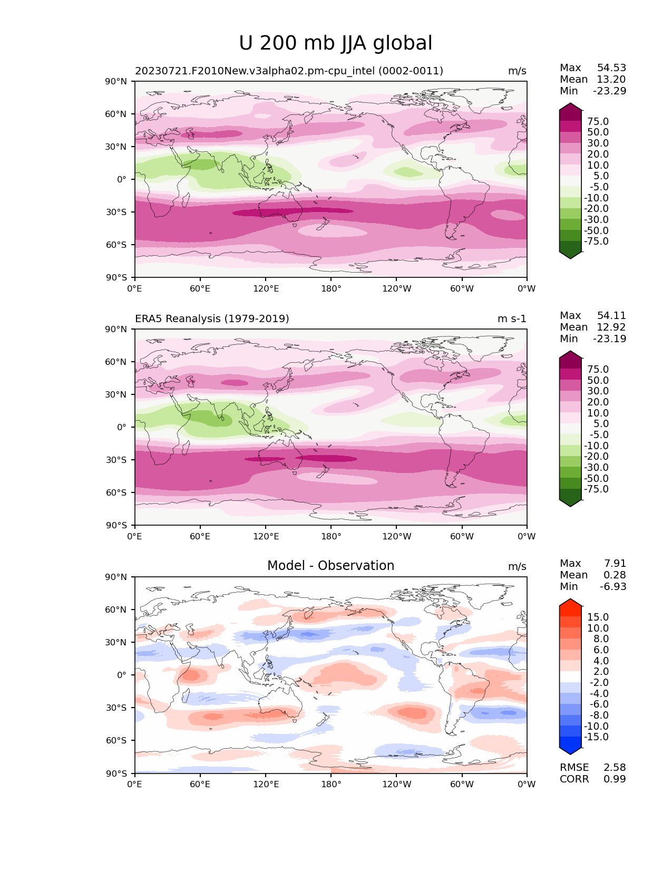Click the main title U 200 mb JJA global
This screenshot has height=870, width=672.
click(x=336, y=43)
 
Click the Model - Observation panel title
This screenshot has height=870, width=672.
click(x=330, y=566)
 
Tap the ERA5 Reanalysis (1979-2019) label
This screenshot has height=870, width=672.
click(x=212, y=318)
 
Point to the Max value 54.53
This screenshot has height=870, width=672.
click(x=611, y=68)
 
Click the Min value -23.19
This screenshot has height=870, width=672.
click(x=610, y=339)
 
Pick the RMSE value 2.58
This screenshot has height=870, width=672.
click(x=615, y=767)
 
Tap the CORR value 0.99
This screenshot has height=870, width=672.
click(x=615, y=779)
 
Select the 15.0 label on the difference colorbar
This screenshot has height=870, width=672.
click(x=598, y=617)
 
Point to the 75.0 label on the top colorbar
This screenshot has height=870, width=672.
click(x=598, y=121)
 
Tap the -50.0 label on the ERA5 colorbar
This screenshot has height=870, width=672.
click(x=596, y=478)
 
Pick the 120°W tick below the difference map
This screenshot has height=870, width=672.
click(x=397, y=784)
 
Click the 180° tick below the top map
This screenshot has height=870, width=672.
click(x=331, y=288)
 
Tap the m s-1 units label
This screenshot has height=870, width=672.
click(x=512, y=318)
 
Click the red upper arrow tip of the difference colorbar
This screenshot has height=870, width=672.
click(x=570, y=602)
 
